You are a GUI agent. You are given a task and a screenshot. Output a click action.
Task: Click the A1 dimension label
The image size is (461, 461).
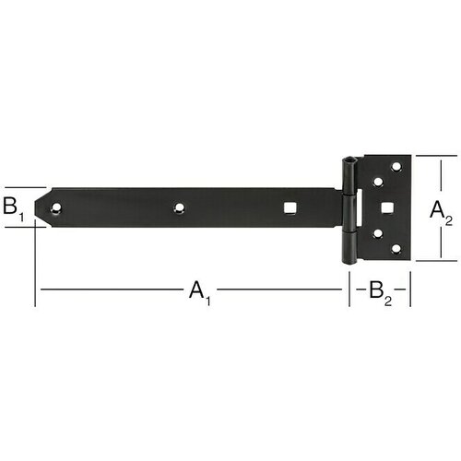pos(200,293)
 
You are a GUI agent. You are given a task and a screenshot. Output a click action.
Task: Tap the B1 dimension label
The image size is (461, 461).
pos(13,208)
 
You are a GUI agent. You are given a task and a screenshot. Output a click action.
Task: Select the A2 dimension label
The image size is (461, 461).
pos(441,213)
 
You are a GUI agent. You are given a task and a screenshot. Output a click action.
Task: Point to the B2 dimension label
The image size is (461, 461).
pos(381,293)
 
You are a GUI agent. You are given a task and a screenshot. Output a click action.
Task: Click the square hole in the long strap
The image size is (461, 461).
pos(290,207)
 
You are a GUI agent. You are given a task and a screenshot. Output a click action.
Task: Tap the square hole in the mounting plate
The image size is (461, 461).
pos(387,207)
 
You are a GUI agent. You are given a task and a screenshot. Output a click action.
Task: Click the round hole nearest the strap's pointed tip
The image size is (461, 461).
pos(56,208)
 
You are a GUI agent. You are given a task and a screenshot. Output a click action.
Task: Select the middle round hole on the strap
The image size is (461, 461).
pos(179,207)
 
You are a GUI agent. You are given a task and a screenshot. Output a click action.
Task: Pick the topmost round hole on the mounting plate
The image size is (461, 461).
pos(396,167)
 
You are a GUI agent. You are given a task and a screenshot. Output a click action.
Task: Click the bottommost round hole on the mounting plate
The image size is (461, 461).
pos(396,248)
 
